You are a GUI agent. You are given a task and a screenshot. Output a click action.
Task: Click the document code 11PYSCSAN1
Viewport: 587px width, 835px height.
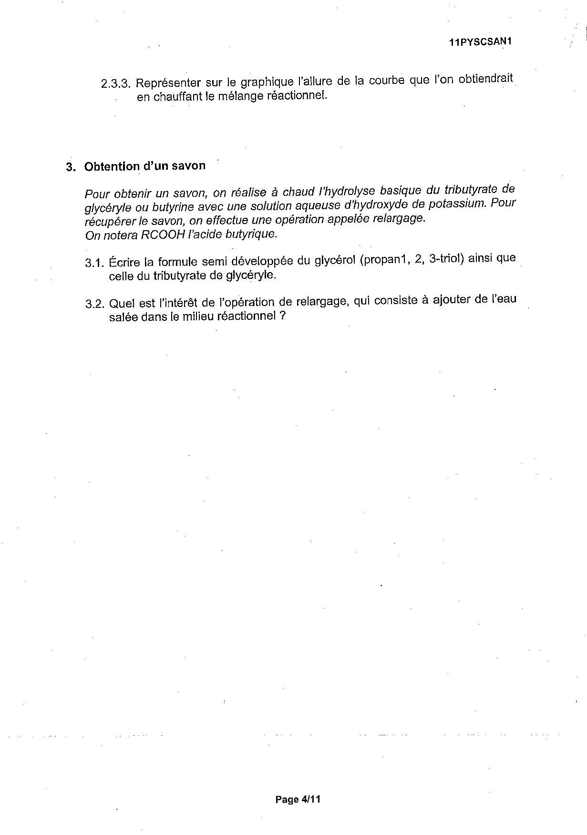pyautogui.click(x=480, y=42)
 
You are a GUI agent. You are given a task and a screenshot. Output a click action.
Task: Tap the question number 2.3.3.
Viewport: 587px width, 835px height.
pyautogui.click(x=115, y=84)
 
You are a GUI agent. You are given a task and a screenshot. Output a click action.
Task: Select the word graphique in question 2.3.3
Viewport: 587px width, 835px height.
pyautogui.click(x=264, y=82)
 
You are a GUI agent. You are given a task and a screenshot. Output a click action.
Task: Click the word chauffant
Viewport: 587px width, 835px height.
pyautogui.click(x=179, y=97)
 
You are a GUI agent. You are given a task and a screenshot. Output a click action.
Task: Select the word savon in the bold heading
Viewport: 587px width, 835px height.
pyautogui.click(x=190, y=165)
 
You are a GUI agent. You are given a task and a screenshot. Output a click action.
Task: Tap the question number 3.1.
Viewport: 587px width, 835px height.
pyautogui.click(x=94, y=263)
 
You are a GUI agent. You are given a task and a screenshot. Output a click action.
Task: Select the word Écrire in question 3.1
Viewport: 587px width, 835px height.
pyautogui.click(x=125, y=262)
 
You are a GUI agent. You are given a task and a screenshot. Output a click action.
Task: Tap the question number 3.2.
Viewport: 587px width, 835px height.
pyautogui.click(x=94, y=304)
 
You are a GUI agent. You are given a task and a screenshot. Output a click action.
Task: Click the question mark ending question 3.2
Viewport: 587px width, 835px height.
pyautogui.click(x=283, y=316)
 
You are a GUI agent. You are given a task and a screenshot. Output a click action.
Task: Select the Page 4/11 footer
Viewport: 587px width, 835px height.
pyautogui.click(x=298, y=799)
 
